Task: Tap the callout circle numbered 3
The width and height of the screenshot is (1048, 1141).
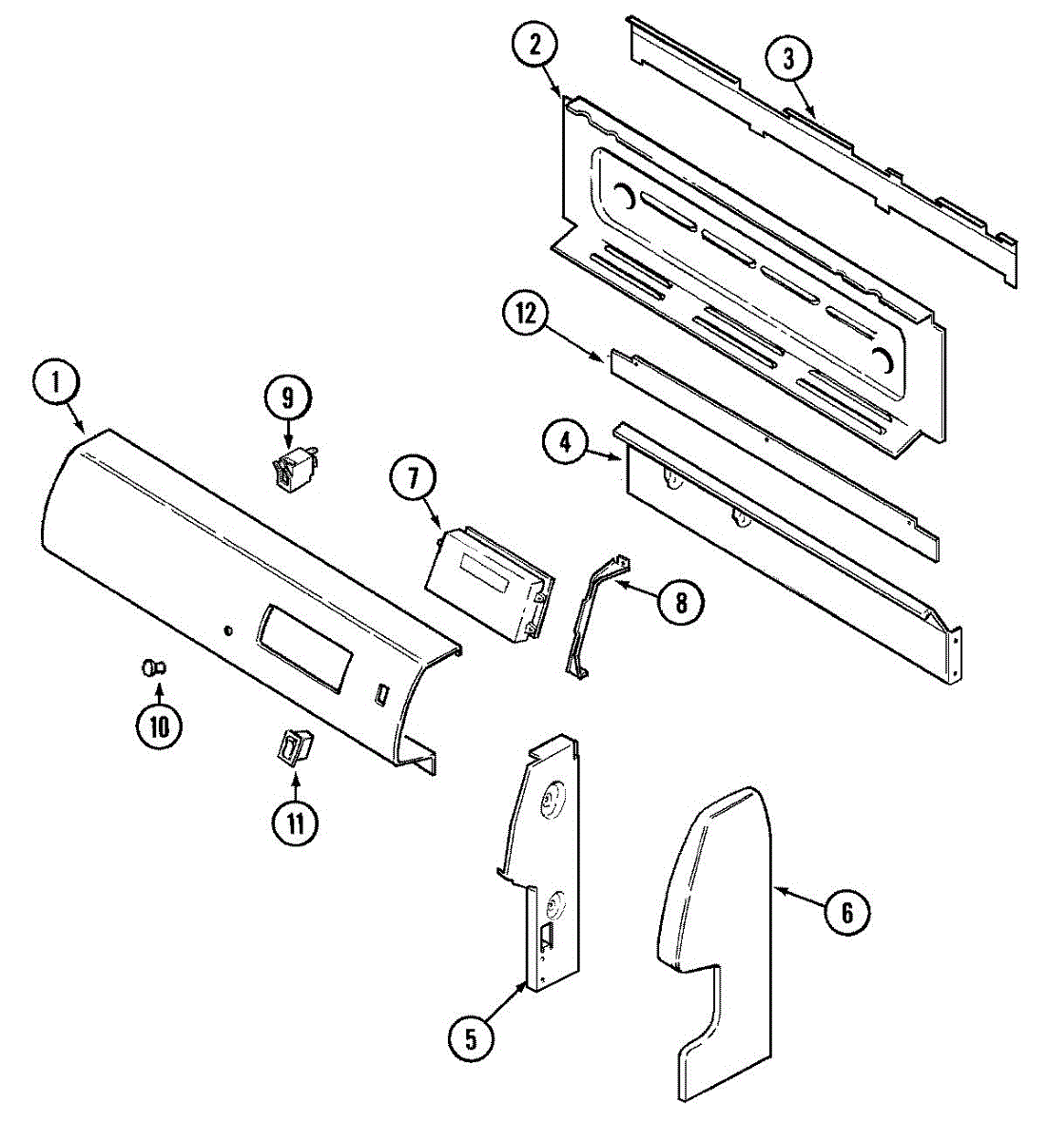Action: click(789, 59)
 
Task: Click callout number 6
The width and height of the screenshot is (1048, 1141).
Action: click(846, 914)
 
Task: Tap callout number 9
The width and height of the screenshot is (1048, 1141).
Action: click(288, 398)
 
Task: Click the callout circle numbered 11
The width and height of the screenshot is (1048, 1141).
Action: click(295, 822)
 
